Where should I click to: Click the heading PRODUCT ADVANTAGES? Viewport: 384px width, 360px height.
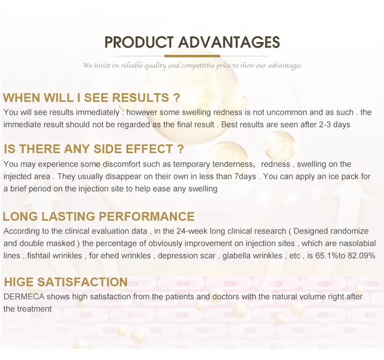[192, 42]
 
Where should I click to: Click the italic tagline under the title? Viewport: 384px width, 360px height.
[192, 66]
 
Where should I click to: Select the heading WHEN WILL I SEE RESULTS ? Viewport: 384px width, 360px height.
[92, 98]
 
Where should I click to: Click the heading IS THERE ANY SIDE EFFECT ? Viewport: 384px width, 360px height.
[94, 149]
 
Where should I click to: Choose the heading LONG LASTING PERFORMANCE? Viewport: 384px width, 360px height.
[99, 217]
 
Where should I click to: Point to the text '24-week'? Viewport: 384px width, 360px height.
[174, 231]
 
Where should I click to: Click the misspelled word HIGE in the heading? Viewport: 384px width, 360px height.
[20, 282]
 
